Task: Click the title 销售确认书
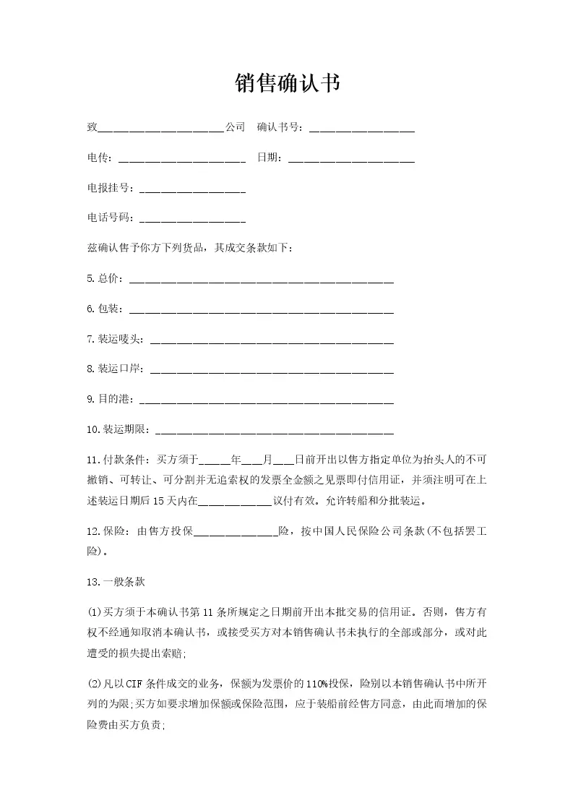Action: pyautogui.click(x=287, y=83)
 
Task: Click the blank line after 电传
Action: pyautogui.click(x=181, y=158)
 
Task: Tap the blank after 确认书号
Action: pyautogui.click(x=361, y=129)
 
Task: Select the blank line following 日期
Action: pyautogui.click(x=351, y=158)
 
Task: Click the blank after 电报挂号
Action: pyautogui.click(x=192, y=189)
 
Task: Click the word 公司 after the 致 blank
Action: pyautogui.click(x=236, y=128)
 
